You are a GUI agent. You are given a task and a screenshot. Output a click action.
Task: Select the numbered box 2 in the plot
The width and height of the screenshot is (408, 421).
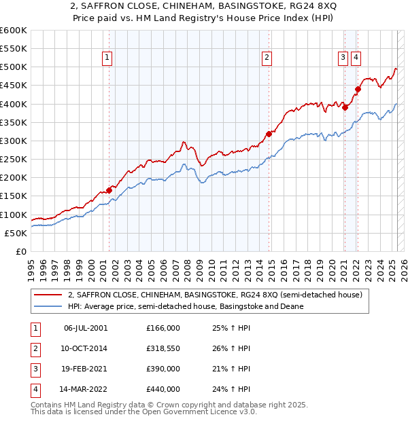point(267,58)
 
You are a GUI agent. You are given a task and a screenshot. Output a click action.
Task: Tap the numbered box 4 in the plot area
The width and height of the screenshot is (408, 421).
point(356,58)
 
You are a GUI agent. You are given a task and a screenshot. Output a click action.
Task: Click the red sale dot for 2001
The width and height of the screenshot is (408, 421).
point(109,191)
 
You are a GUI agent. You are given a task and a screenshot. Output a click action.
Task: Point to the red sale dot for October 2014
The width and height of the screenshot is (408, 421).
point(269,134)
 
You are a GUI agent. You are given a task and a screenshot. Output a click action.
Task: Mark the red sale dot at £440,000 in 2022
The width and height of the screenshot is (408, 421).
point(358,89)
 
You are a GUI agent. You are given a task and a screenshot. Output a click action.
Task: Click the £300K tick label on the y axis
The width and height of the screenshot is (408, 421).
point(14,141)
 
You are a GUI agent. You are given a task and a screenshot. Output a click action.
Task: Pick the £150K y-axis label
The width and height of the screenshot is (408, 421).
point(14,196)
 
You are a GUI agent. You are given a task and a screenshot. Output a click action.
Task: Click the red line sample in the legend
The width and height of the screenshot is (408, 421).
point(48,295)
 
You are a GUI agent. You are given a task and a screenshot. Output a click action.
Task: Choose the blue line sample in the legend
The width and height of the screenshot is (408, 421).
point(48,306)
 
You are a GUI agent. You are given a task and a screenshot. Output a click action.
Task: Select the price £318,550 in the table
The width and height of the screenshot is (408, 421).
point(163,350)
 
